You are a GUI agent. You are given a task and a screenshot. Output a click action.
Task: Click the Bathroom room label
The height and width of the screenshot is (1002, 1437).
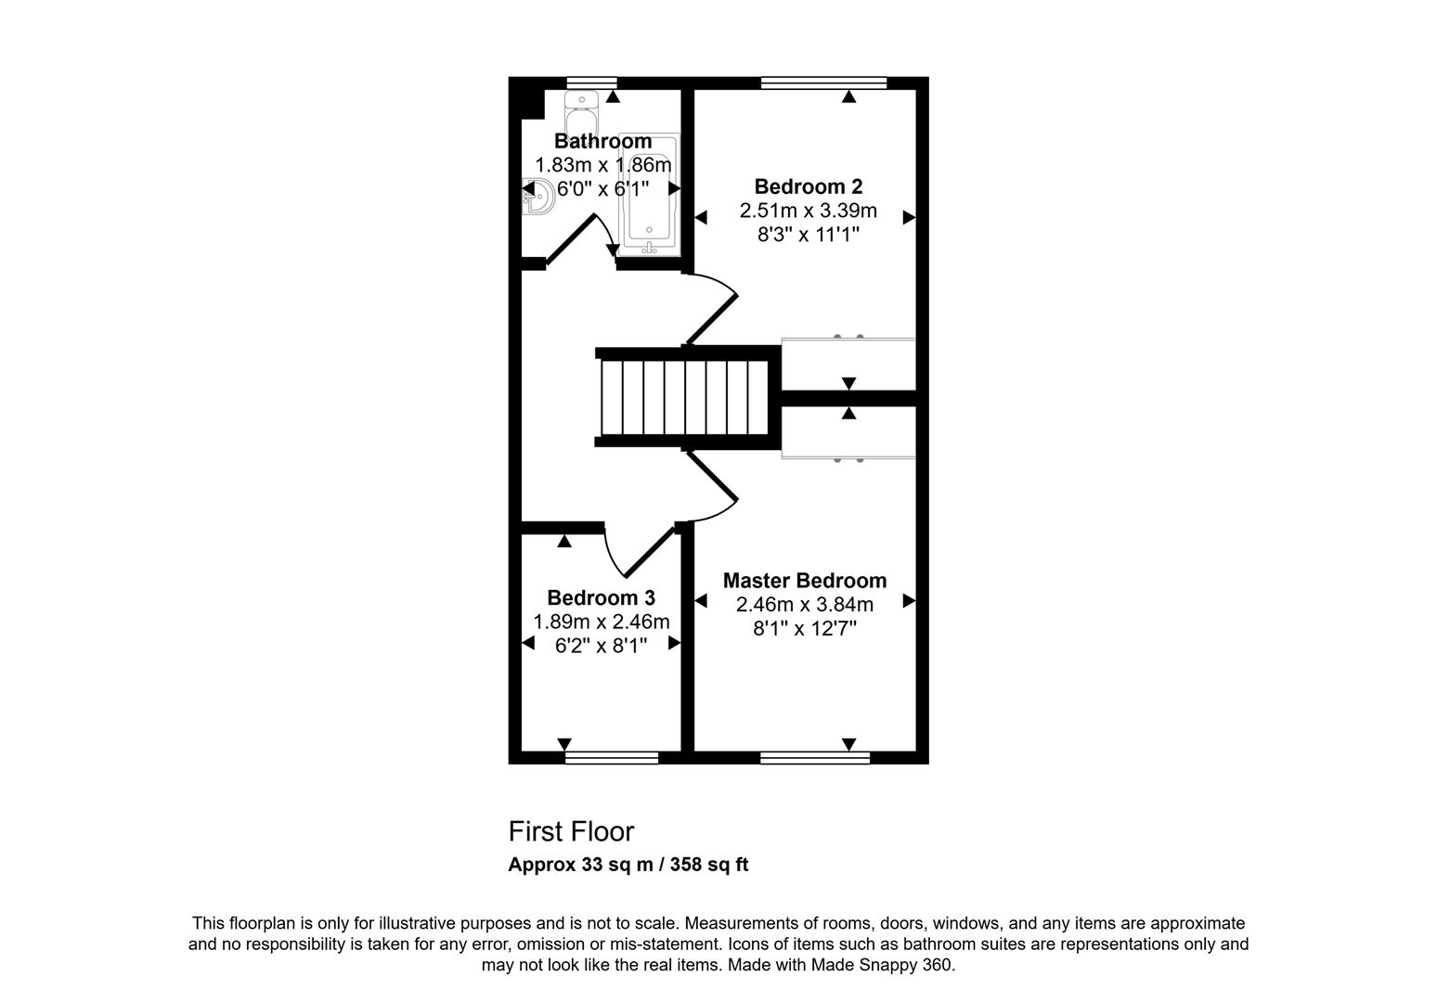[602, 141]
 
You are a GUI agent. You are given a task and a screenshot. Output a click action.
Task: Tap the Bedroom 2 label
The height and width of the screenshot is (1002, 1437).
[808, 186]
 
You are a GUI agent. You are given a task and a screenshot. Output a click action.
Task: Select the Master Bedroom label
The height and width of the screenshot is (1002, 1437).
[804, 581]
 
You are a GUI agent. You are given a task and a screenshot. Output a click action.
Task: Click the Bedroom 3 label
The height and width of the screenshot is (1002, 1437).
[601, 597]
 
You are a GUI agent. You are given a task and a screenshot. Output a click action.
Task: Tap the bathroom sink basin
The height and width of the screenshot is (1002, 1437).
[538, 197]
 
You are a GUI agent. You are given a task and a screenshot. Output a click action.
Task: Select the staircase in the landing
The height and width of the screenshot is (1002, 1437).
[685, 397]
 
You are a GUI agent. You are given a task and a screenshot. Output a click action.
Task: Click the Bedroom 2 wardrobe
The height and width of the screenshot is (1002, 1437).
[848, 364]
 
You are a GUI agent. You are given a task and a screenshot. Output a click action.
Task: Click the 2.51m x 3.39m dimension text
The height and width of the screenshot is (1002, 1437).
[808, 211]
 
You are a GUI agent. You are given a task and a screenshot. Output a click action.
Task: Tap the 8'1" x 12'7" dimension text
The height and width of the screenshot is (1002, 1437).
[804, 629]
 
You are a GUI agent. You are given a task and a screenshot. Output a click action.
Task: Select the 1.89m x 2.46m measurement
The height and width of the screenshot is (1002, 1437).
[601, 622]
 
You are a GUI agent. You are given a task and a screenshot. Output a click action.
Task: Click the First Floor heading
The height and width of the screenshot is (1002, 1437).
[571, 831]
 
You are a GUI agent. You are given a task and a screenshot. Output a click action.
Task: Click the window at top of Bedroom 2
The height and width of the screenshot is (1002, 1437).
[822, 83]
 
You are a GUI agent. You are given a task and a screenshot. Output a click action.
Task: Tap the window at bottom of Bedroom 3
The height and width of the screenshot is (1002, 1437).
[611, 758]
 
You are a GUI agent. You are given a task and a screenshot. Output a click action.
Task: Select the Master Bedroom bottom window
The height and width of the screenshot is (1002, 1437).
[814, 758]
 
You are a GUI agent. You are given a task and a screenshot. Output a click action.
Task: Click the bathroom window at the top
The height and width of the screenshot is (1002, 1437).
[591, 83]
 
